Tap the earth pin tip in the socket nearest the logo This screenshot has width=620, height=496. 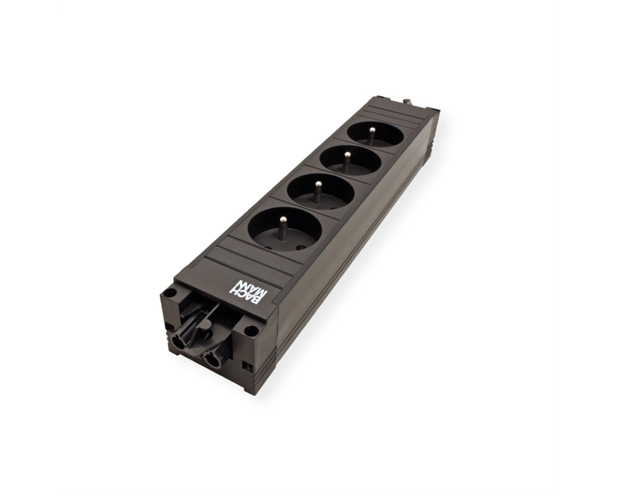(283, 219)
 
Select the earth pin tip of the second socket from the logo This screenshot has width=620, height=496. (317, 184)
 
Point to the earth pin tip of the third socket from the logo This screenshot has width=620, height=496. (348, 154)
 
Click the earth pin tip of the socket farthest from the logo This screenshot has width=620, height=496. (371, 130)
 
